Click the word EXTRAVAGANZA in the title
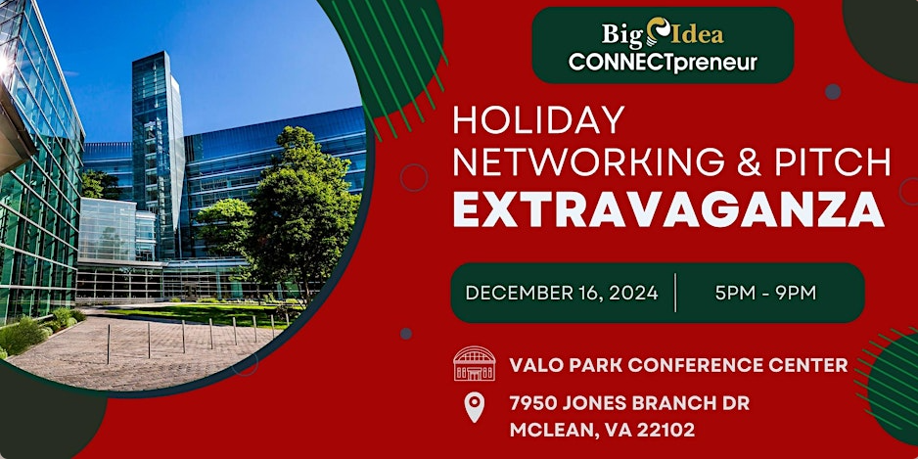tap(668, 208)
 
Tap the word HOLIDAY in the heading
tap(538, 120)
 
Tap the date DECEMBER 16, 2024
tap(562, 293)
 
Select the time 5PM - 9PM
tap(765, 293)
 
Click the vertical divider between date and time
tap(675, 293)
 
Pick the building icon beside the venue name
tap(475, 363)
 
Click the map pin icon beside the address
tap(475, 407)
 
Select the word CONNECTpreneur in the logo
tap(663, 63)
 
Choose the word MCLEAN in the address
tap(549, 431)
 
